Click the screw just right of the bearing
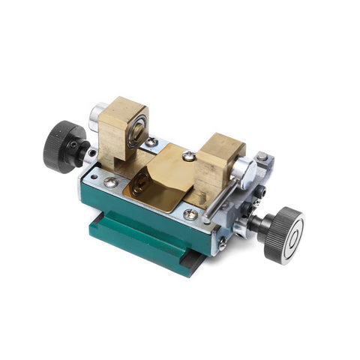point(152,142)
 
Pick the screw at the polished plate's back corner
point(190,156)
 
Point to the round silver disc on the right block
point(241,172)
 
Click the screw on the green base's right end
point(223,241)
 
